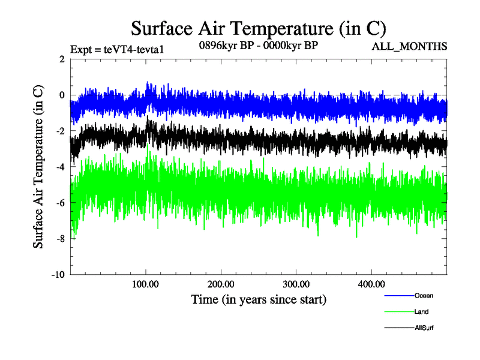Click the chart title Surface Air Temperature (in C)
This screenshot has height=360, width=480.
[258, 28]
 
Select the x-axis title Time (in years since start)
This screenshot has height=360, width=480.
[259, 298]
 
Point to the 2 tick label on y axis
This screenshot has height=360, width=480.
[62, 59]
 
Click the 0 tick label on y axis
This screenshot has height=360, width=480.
[62, 95]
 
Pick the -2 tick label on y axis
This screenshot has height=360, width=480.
[60, 131]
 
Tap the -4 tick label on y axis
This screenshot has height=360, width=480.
[60, 167]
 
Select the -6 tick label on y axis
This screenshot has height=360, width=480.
[60, 203]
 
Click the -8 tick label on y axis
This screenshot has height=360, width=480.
[60, 239]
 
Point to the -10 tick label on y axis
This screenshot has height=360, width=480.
[58, 275]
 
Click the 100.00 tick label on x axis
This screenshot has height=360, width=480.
[146, 284]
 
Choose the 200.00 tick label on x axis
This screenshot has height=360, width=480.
[221, 284]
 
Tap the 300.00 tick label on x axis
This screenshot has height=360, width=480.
[296, 284]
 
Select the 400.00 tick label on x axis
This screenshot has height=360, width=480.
[371, 284]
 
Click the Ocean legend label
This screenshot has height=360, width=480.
[423, 295]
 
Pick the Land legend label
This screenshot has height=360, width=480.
[421, 311]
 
